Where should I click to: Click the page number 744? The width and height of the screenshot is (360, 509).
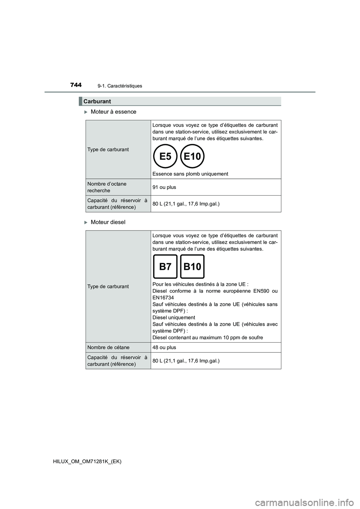(x=75, y=85)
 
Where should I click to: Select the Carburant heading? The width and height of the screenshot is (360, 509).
(x=97, y=101)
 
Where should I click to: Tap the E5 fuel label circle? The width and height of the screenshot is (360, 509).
(x=165, y=156)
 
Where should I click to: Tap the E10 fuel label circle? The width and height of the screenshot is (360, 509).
(x=192, y=156)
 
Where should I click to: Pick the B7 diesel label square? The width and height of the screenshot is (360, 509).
(x=165, y=266)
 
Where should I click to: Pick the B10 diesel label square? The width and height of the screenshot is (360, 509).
(x=192, y=266)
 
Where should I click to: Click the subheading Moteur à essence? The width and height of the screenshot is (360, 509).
(x=113, y=112)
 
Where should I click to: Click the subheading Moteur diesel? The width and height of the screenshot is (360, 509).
(x=108, y=222)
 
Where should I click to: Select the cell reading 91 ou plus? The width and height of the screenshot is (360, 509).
(x=164, y=187)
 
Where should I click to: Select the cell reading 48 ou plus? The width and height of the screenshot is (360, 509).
(x=164, y=347)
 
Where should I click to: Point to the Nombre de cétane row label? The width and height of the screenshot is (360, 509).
(x=108, y=347)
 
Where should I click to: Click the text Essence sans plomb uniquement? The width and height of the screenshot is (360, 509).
(x=190, y=174)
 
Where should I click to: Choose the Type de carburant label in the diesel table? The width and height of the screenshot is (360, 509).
(x=108, y=286)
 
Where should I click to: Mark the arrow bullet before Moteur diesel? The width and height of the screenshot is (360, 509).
(x=86, y=222)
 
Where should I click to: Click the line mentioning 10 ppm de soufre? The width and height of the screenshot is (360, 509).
(x=208, y=337)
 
